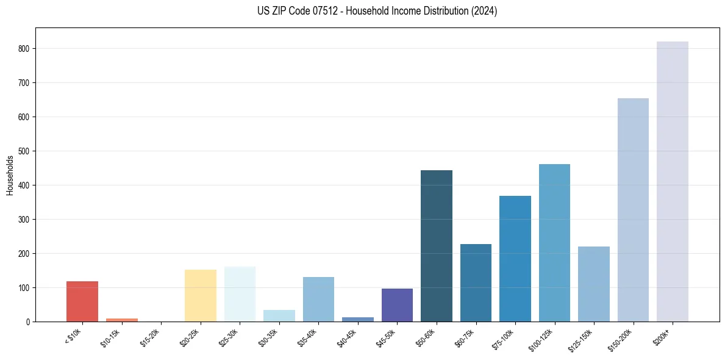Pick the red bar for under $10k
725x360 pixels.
coord(82,301)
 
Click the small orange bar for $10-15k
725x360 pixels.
coord(121,320)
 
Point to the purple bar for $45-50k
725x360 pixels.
coord(397,305)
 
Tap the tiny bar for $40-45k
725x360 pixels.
coord(357,319)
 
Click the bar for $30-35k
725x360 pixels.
coord(279,315)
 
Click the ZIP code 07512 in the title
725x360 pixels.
coord(315,11)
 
